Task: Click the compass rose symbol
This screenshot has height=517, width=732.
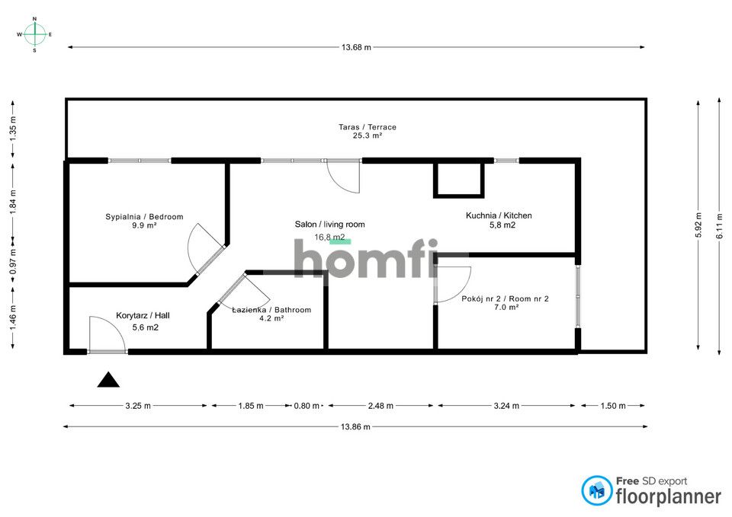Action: pyautogui.click(x=34, y=34)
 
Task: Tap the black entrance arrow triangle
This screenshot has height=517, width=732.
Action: pyautogui.click(x=108, y=380)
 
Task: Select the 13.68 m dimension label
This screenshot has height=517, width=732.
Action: pyautogui.click(x=356, y=47)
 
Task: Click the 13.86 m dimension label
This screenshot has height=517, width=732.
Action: pyautogui.click(x=355, y=426)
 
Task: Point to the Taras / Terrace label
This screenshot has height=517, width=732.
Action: pyautogui.click(x=368, y=127)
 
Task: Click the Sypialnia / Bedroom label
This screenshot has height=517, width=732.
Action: pyautogui.click(x=144, y=217)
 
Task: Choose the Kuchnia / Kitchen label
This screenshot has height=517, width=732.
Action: pyautogui.click(x=499, y=215)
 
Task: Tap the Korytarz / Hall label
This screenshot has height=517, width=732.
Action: pyautogui.click(x=143, y=316)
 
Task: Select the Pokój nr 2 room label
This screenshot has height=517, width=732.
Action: pyautogui.click(x=505, y=298)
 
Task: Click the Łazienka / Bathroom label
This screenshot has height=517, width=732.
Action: pyautogui.click(x=271, y=310)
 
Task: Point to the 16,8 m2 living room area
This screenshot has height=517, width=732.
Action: pyautogui.click(x=329, y=238)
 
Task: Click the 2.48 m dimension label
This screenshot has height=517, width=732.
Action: pyautogui.click(x=380, y=406)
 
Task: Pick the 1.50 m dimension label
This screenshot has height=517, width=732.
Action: pyautogui.click(x=613, y=406)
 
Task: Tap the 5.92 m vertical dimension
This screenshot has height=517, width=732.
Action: pyautogui.click(x=698, y=225)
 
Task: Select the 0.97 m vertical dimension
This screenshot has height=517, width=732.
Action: pyautogui.click(x=13, y=261)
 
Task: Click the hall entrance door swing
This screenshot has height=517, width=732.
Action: pyautogui.click(x=108, y=333)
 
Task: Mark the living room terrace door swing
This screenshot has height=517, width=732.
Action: pyautogui.click(x=343, y=176)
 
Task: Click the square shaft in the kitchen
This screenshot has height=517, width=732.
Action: pyautogui.click(x=459, y=179)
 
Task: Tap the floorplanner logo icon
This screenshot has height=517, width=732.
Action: pyautogui.click(x=597, y=490)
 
